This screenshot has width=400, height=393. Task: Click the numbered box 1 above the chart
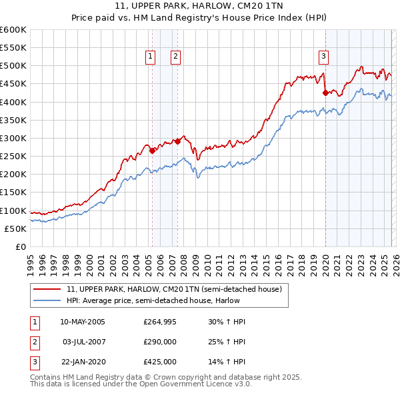click(x=151, y=57)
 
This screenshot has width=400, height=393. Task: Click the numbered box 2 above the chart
click(x=175, y=57)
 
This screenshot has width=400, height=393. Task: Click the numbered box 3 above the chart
click(x=323, y=57)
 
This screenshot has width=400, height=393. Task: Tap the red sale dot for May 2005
click(x=152, y=151)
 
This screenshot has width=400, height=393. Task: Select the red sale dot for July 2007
click(x=177, y=141)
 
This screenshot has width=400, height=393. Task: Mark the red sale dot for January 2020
click(x=325, y=93)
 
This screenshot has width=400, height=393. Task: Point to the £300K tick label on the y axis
click(x=13, y=138)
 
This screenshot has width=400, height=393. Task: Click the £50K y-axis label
click(x=15, y=228)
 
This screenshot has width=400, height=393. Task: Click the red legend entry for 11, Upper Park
click(x=174, y=289)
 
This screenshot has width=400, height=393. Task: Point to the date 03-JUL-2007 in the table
click(x=83, y=342)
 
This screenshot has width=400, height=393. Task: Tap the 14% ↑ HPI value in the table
click(x=227, y=362)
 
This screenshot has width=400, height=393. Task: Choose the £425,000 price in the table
click(x=160, y=362)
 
